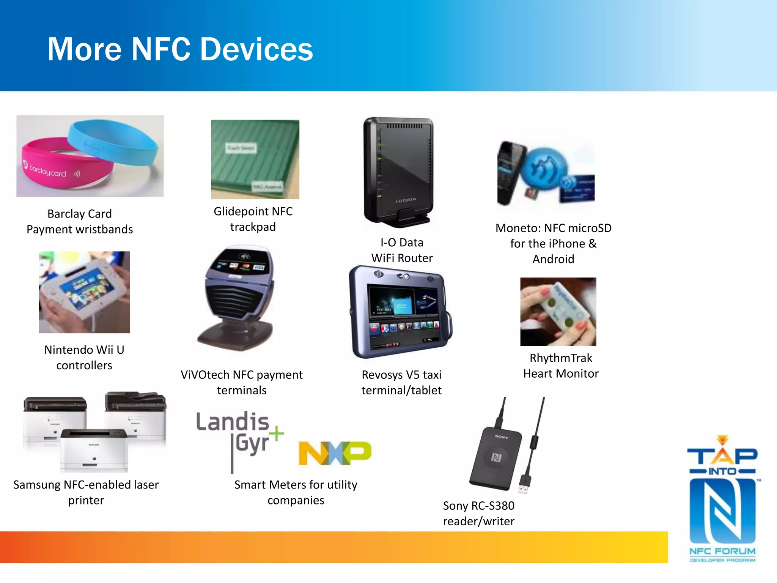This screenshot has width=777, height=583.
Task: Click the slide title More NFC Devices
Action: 180,49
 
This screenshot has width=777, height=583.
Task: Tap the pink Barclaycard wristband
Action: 57,167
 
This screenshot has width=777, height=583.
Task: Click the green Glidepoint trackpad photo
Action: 255,159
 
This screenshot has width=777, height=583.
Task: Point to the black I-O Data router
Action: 398,171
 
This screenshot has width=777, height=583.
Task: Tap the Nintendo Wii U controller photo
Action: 84,292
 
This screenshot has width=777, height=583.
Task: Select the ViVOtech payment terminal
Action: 239,296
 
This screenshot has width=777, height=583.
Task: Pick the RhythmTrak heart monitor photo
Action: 558,311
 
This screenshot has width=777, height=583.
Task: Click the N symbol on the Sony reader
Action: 496,457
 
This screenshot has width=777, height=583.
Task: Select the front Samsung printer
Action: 94,450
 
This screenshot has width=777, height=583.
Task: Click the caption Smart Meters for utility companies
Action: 296,492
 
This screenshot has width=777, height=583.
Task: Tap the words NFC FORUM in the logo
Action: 722,551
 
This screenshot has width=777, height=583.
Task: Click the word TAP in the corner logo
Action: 722,455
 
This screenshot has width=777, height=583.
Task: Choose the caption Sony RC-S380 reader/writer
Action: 478,513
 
